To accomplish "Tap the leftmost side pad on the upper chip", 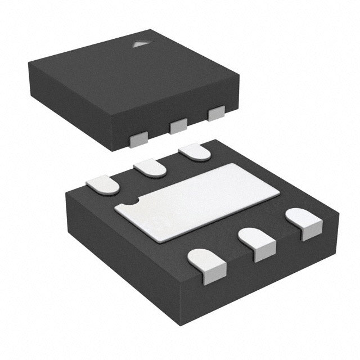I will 138,140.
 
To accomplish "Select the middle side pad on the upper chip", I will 178,126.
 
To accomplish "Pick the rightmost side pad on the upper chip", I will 216,114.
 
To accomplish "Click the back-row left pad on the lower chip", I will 103,184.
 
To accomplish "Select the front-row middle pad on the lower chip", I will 256,244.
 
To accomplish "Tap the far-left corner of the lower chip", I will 65,194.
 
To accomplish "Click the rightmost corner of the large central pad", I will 280,193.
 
